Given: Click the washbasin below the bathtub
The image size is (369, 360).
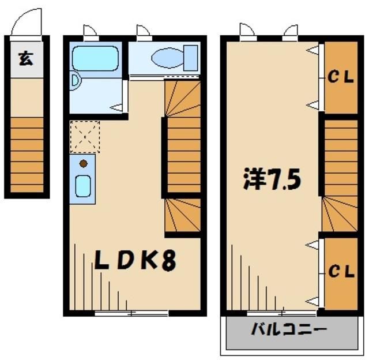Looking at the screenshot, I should [74, 81].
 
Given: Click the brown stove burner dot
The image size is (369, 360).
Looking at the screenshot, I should [83, 163].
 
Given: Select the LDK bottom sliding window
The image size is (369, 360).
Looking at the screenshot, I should [131, 313].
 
